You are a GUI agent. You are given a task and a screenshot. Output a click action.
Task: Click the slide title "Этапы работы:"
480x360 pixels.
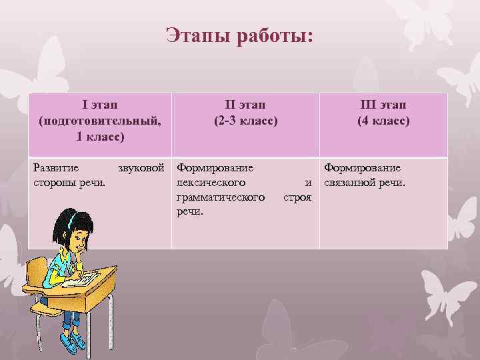(x=239, y=35)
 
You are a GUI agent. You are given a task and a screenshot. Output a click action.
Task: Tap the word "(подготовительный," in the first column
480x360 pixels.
(x=100, y=121)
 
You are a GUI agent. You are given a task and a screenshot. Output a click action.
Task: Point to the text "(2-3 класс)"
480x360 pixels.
(x=245, y=121)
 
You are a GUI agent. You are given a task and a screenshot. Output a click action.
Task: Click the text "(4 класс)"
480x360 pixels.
(x=383, y=121)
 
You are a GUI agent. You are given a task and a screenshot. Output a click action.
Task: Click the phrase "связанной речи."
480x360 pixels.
(x=365, y=183)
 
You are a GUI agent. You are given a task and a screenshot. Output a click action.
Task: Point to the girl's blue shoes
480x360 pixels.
(x=74, y=339)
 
